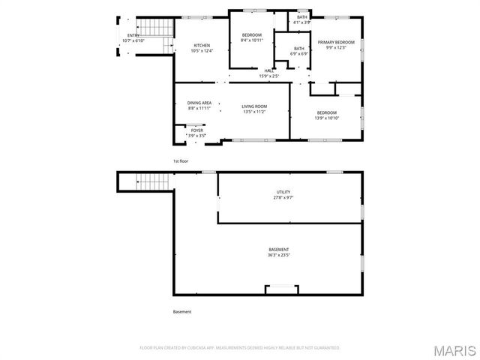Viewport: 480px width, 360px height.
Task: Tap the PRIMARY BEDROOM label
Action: [335, 42]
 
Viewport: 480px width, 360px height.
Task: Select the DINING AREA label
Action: [199, 103]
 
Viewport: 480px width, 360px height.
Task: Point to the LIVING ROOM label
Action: [254, 106]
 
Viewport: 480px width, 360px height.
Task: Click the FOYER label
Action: [196, 130]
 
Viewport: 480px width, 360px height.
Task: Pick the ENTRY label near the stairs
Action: [133, 35]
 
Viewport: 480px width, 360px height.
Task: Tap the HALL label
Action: [268, 70]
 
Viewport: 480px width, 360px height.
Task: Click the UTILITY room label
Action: [283, 192]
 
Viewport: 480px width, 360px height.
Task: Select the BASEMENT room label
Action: [279, 249]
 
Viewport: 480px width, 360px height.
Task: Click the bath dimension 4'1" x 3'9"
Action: [302, 22]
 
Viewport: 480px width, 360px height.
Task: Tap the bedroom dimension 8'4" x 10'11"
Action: [251, 40]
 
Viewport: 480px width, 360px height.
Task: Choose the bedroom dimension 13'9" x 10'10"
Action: [326, 118]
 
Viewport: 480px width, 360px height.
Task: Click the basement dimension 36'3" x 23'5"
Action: [279, 255]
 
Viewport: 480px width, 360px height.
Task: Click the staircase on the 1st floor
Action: [158, 28]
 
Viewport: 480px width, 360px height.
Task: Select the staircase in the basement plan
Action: [153, 181]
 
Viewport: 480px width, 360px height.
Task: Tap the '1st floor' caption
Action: [181, 161]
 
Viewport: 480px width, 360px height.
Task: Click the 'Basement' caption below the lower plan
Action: [182, 312]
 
